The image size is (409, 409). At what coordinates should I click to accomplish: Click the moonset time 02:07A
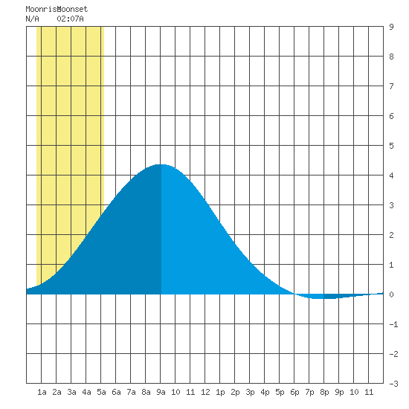[x=70, y=19]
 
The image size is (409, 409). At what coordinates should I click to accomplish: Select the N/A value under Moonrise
[x=32, y=19]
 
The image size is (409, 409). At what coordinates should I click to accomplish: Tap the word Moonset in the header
[x=73, y=9]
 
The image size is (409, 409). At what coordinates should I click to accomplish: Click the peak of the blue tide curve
[x=161, y=164]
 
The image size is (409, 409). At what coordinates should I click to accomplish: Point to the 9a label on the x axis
[x=161, y=392]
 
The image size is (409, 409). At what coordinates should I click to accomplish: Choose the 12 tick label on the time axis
[x=205, y=392]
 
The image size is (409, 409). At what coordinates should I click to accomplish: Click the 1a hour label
[x=42, y=392]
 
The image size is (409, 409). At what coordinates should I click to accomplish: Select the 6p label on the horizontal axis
[x=294, y=392]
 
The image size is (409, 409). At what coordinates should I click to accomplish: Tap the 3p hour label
[x=250, y=392]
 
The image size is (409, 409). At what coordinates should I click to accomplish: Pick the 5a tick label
[x=101, y=392]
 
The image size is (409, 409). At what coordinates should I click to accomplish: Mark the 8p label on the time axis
[x=324, y=392]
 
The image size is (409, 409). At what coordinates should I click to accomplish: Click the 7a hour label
[x=131, y=392]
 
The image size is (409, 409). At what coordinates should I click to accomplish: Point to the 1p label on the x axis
[x=220, y=392]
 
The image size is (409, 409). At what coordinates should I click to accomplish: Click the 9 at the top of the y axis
[x=391, y=27]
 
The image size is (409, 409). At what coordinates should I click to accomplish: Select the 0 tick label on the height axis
[x=391, y=294]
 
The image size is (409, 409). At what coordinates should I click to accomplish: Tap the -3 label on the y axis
[x=393, y=384]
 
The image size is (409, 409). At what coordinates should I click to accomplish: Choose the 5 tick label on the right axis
[x=391, y=146]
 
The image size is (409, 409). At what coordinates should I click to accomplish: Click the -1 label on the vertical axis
[x=393, y=324]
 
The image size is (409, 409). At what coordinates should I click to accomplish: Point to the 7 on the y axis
[x=391, y=86]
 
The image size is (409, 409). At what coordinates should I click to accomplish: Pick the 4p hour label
[x=265, y=392]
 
